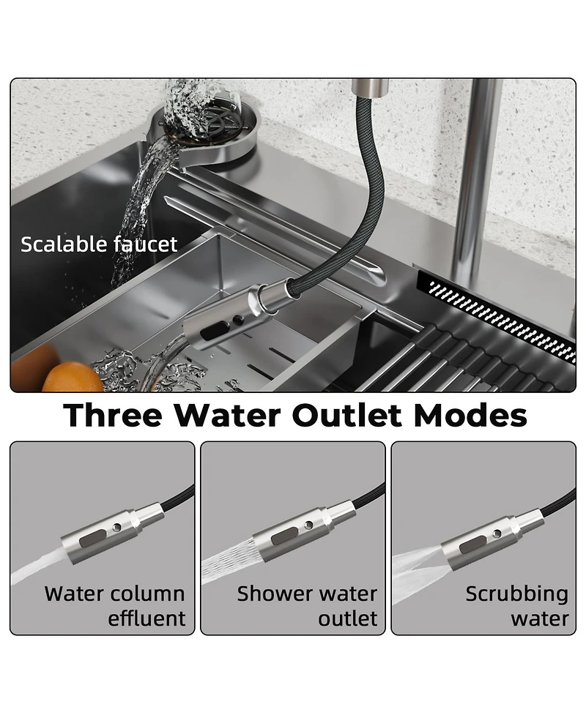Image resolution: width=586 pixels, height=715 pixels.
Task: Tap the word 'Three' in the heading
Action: tap(113, 416)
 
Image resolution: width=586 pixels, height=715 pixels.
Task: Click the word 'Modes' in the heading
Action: tap(470, 416)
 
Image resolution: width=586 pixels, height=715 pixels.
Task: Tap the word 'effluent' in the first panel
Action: tap(146, 619)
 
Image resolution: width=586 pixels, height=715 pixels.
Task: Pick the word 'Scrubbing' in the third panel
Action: tap(516, 594)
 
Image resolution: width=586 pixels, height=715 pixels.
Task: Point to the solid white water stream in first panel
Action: tap(37, 568)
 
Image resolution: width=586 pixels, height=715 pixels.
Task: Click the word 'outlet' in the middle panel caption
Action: tap(347, 619)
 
